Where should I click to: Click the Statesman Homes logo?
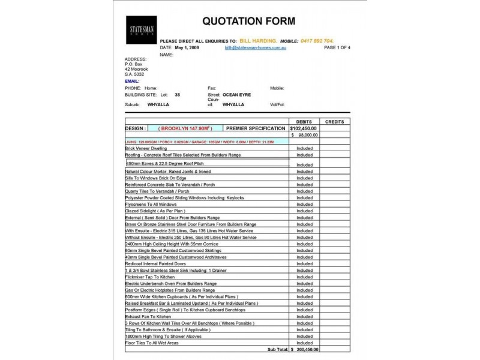coord(141,30)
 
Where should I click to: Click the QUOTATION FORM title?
coord(248,22)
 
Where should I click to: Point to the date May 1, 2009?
coord(188,47)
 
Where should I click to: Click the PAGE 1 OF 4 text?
coord(337,47)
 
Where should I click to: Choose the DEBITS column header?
coord(304,122)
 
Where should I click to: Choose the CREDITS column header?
coord(334,122)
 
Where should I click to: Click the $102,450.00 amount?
coord(304,128)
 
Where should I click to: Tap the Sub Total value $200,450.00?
coord(304,349)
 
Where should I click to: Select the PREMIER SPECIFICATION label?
coord(256,128)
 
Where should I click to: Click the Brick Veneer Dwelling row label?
coord(146,148)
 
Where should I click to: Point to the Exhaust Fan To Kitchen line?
coord(148,316)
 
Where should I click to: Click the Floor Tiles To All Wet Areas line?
coord(152,343)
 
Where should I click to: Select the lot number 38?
coord(177,95)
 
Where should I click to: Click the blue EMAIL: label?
coord(132,80)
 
